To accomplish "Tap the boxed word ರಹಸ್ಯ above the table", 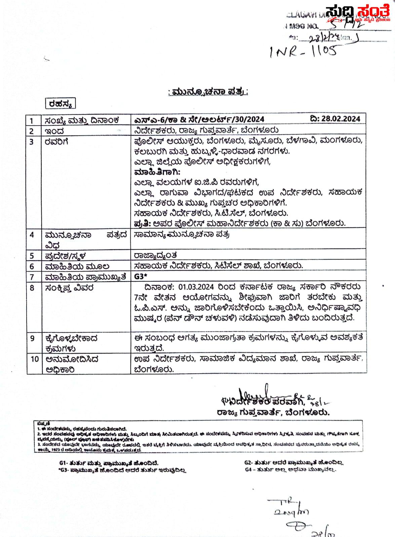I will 61,104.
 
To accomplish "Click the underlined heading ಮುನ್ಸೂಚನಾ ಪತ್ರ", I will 208,92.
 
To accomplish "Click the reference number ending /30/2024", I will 199,119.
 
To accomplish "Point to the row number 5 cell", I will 32,255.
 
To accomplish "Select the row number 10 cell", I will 35,359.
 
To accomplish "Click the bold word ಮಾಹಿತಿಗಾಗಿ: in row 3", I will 157,172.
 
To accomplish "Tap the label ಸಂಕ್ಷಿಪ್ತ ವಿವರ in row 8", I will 70,288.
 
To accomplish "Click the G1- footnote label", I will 63,463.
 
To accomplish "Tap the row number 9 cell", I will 32,338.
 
